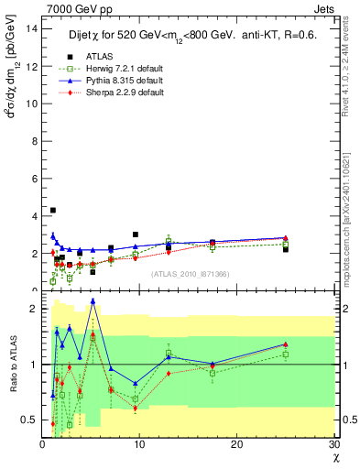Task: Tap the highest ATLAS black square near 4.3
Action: pyautogui.click(x=53, y=211)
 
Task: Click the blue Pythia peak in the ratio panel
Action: pyautogui.click(x=93, y=300)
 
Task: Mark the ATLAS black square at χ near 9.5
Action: pyautogui.click(x=136, y=234)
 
